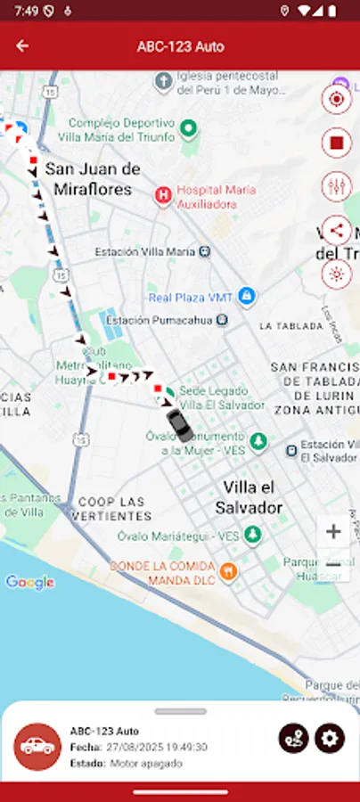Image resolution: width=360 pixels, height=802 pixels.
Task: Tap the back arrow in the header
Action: [22, 46]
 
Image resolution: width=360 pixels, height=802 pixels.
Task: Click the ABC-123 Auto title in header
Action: [180, 46]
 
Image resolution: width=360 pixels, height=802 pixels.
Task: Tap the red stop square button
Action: [337, 142]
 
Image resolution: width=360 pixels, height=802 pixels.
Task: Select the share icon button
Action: [337, 230]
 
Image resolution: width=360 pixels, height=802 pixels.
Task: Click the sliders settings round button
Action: [337, 186]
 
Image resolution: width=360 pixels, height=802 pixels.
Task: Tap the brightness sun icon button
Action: [337, 274]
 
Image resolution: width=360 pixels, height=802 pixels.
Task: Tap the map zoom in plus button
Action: [333, 532]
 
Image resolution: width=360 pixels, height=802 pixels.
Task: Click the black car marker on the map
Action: [179, 425]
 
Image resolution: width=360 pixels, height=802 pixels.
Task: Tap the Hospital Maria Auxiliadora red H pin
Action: [163, 196]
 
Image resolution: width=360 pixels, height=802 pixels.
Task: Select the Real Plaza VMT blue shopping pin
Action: [248, 296]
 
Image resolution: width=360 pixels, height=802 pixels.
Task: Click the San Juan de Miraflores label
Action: [93, 178]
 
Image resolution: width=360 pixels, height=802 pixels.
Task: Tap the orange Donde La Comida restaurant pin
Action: [228, 571]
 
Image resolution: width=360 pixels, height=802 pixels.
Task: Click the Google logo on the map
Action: [29, 583]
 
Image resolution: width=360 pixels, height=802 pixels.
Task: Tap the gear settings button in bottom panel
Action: [330, 738]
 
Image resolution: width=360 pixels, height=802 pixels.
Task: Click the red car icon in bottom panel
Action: [37, 747]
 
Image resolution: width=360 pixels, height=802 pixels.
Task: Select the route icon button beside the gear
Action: [293, 738]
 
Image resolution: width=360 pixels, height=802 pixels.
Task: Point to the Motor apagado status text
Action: [146, 764]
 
